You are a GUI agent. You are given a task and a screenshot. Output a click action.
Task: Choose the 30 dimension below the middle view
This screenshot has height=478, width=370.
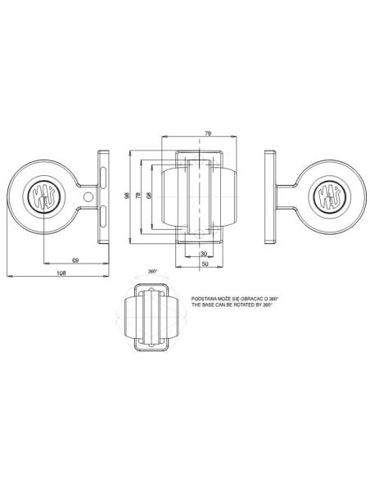[202, 254]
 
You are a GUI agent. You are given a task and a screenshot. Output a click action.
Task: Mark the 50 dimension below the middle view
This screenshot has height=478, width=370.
[202, 263]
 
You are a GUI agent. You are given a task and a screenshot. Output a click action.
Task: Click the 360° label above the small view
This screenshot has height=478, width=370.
[153, 271]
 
